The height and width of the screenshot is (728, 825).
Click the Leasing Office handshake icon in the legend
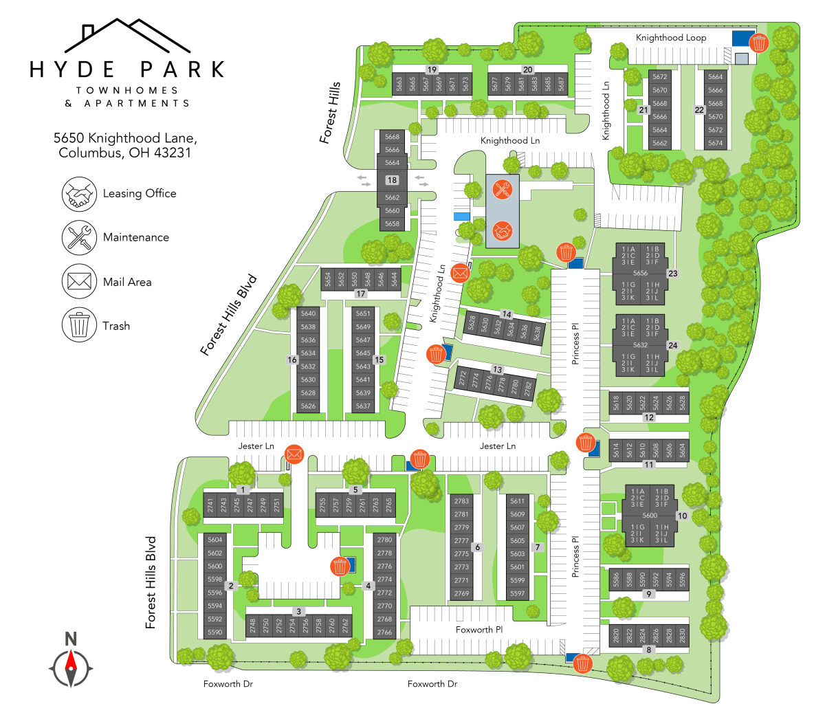pos(79,194)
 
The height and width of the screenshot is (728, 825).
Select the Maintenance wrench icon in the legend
pos(79,237)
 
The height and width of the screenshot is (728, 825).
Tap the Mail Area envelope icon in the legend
pos(79,281)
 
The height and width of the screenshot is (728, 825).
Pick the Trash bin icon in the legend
pos(79,325)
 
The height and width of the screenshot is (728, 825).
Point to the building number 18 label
pos(392,180)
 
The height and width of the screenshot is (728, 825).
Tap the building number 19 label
pos(432,69)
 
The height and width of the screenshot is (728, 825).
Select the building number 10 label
pos(682,516)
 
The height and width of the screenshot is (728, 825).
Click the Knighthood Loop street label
pos(671,38)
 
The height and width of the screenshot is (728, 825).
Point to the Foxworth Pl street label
pos(479,630)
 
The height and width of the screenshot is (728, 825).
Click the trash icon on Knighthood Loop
pos(758,43)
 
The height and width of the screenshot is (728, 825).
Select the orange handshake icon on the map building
pos(503,231)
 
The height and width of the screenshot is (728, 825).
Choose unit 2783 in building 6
pos(461,501)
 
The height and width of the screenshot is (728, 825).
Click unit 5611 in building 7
pos(518,501)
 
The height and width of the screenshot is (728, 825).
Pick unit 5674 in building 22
pos(715,143)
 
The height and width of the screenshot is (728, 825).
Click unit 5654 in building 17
pos(328,279)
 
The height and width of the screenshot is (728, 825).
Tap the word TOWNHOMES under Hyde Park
pos(127,90)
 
